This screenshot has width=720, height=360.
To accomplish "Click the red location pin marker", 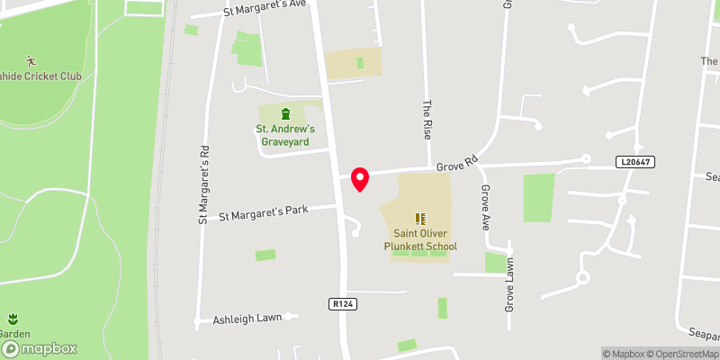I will click(x=360, y=178).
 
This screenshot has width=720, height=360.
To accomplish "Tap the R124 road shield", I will click(x=344, y=305).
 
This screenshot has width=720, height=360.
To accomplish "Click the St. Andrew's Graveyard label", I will click(x=285, y=135).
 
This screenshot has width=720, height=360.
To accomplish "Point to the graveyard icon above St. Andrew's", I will click(x=285, y=114).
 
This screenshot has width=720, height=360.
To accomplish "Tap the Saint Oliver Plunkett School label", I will click(x=420, y=240).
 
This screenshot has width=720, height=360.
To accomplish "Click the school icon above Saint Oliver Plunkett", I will click(x=420, y=219).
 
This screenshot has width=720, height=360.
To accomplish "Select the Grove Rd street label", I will click(x=455, y=166).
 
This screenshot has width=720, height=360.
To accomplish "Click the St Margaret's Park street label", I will click(x=264, y=213).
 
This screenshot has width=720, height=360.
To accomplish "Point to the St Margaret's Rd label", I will click(x=203, y=184).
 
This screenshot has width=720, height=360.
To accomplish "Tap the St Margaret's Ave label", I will click(x=265, y=9).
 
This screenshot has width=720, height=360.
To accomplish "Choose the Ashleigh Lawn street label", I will click(x=247, y=319).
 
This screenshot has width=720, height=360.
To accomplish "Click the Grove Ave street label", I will click(x=486, y=208).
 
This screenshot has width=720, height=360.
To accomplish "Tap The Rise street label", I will click(x=428, y=118).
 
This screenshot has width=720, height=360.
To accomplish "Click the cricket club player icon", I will click(x=32, y=60).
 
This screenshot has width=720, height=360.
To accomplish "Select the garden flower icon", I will click(x=13, y=319).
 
